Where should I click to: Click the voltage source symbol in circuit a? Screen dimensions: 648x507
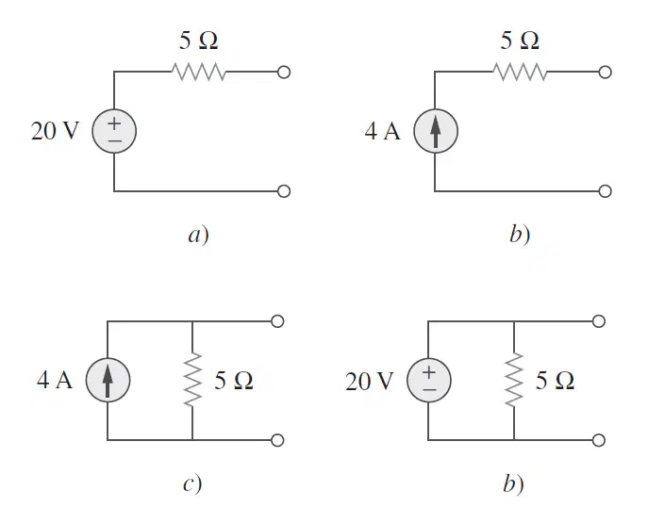point(114,131)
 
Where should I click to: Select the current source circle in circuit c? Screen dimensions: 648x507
point(108,381)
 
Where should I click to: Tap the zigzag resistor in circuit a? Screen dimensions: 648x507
point(199,72)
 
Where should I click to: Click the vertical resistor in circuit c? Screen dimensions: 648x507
point(192,380)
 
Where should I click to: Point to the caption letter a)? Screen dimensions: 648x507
point(199,235)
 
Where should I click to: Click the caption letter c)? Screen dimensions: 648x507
point(192,483)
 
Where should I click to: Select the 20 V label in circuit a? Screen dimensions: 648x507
point(55,131)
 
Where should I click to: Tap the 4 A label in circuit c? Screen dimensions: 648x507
point(55,380)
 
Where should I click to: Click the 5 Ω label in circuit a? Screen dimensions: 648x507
point(198,41)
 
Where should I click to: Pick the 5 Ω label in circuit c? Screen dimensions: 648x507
point(234,381)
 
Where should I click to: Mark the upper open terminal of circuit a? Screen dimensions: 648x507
point(284,73)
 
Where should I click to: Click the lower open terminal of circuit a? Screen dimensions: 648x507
point(284,191)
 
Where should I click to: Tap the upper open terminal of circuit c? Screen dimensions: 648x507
point(277,321)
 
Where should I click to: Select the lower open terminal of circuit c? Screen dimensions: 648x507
point(277,440)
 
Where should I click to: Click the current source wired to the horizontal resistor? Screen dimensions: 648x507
point(436,131)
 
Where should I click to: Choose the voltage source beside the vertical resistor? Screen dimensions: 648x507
point(429,381)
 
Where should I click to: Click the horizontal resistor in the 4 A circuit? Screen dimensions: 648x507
point(520,72)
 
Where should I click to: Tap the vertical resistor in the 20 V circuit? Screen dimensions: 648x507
point(514,380)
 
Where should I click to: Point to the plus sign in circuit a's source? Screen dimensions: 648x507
point(114,123)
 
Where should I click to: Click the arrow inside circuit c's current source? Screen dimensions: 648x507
point(108,381)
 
